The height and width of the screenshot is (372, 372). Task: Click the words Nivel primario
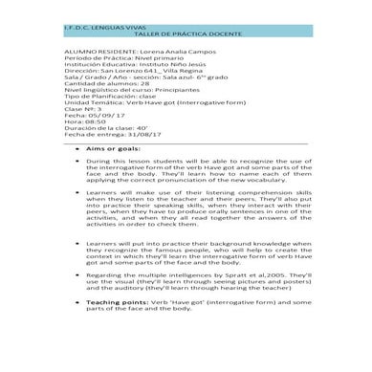(x=144, y=52)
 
